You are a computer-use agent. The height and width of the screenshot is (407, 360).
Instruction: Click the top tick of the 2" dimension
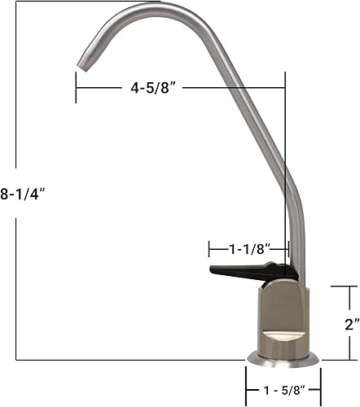tap(341, 287)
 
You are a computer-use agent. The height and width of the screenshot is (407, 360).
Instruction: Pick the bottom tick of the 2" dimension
tap(341, 359)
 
